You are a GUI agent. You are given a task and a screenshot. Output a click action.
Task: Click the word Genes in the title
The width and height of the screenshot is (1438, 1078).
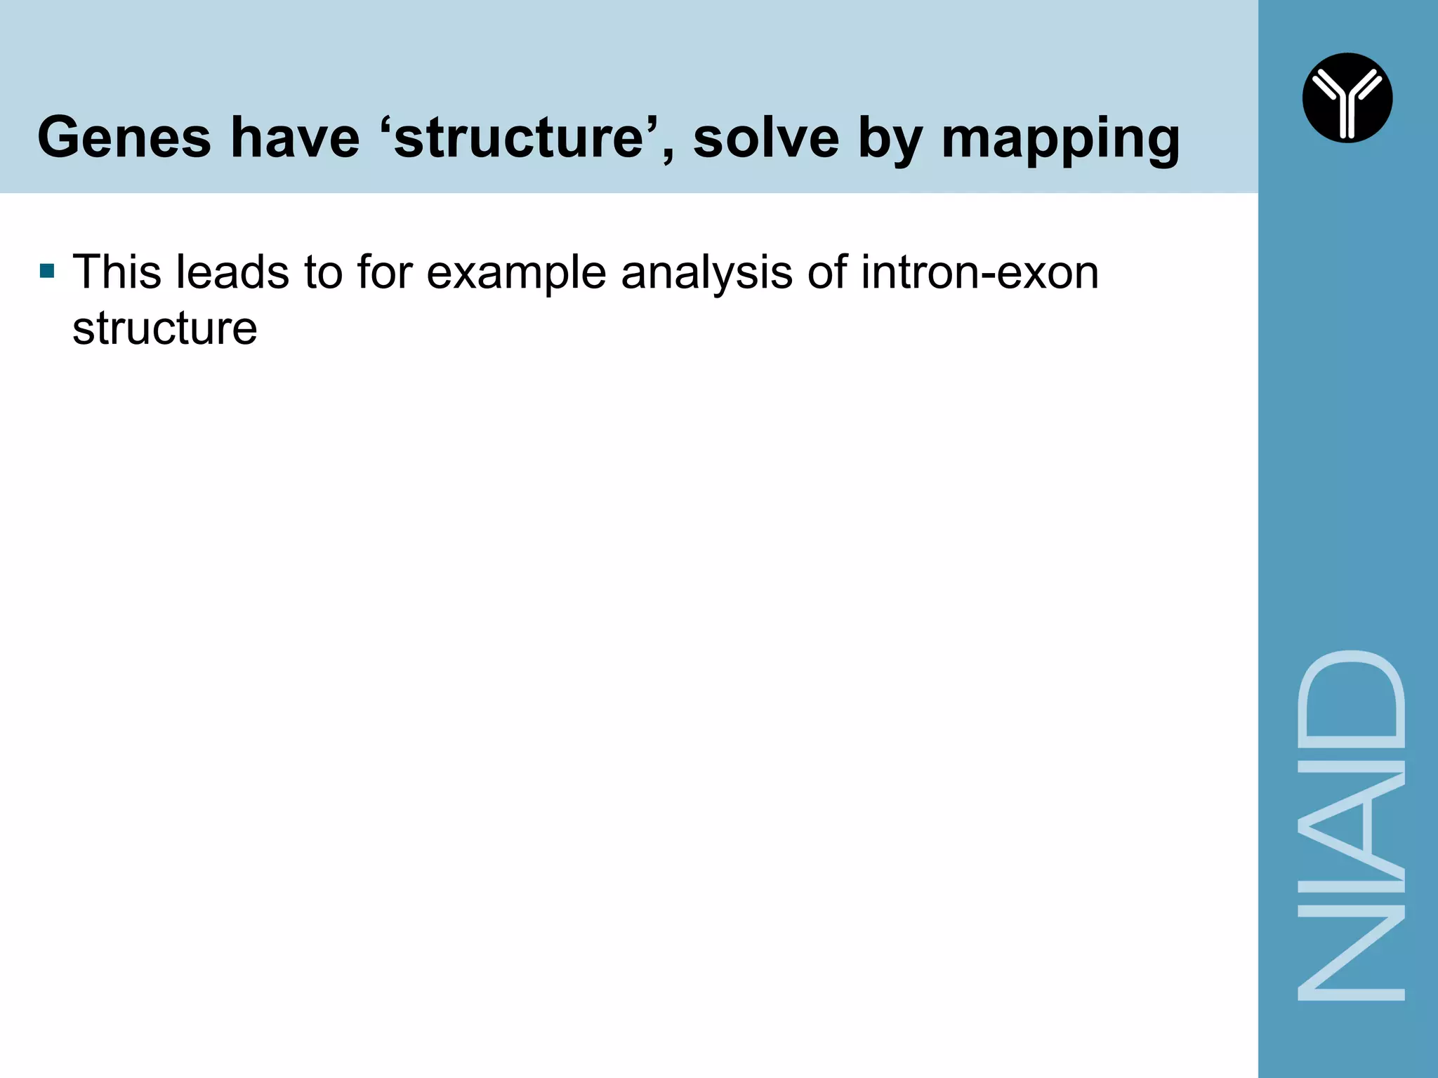click(x=124, y=138)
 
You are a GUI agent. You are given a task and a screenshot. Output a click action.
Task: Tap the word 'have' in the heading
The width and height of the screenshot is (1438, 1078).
click(x=295, y=138)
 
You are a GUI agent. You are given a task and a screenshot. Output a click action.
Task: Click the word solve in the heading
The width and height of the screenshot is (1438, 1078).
click(x=766, y=138)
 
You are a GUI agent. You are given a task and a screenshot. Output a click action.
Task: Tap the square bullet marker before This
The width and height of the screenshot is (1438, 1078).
click(x=47, y=271)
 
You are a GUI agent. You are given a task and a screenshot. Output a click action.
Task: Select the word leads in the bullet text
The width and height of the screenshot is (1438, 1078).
click(x=232, y=272)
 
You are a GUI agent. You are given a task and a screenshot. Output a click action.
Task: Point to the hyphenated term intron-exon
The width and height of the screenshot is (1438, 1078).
click(x=980, y=272)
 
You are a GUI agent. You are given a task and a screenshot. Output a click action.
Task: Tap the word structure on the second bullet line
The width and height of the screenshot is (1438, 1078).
click(x=165, y=328)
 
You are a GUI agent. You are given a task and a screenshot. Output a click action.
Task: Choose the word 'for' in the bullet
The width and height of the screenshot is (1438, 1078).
click(x=383, y=272)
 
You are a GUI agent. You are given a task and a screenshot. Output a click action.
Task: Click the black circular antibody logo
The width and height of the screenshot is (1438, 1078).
click(x=1347, y=98)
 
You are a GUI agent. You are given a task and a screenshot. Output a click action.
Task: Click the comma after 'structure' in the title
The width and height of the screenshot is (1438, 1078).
click(x=665, y=157)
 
